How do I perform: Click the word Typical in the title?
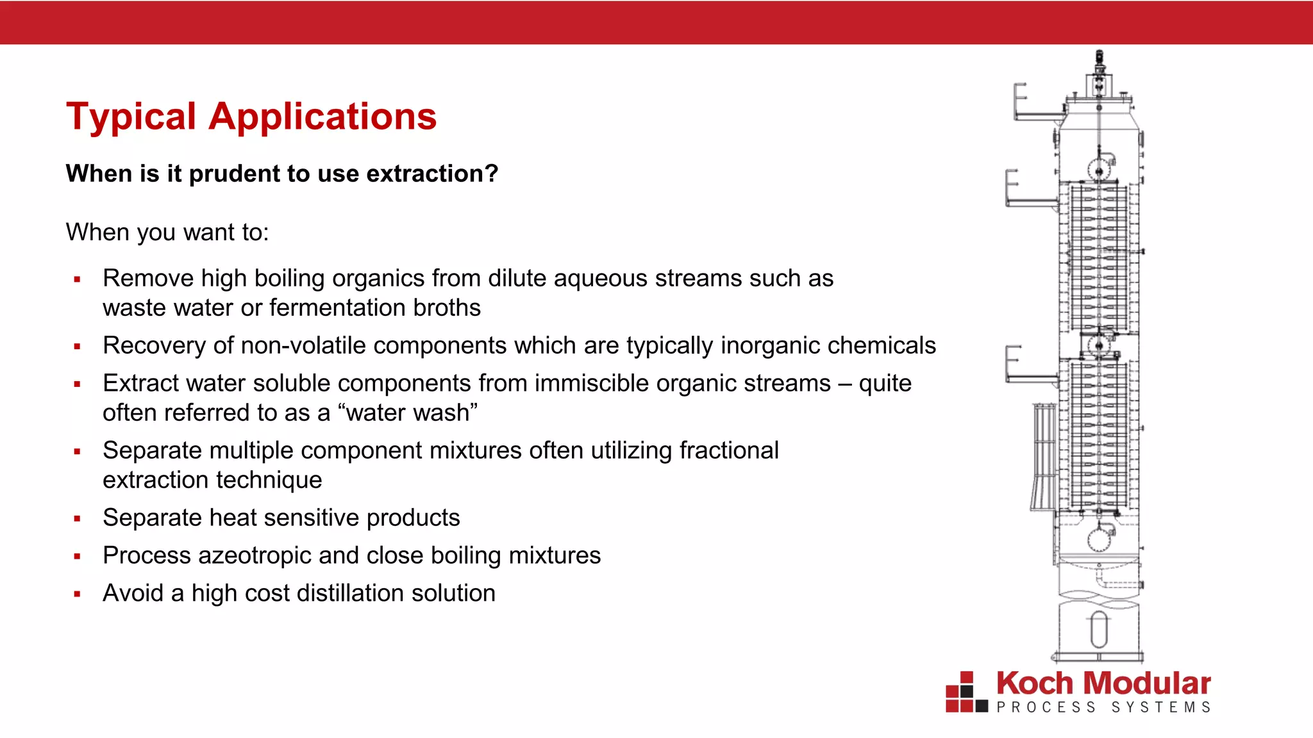131,117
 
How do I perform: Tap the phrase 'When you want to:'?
167,232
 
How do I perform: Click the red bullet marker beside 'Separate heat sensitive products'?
77,518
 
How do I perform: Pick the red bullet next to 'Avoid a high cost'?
77,594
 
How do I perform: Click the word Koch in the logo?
1035,684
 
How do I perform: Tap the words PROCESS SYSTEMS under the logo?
1103,707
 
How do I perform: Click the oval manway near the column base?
1099,629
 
